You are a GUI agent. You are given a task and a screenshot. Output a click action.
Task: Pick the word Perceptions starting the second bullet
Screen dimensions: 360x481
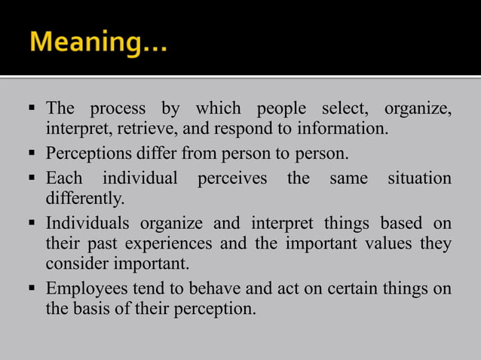click(x=88, y=156)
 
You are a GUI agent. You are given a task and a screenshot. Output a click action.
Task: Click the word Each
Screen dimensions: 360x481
click(x=64, y=180)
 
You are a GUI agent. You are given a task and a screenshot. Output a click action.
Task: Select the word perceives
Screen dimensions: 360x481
click(x=232, y=180)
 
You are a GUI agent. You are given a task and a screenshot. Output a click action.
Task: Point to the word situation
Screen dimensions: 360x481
click(x=419, y=180)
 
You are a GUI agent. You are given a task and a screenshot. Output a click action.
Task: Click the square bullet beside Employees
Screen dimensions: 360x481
click(x=34, y=290)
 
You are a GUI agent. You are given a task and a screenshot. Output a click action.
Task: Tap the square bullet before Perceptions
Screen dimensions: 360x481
click(x=34, y=156)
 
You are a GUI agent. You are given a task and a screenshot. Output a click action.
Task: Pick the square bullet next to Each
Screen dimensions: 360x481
click(x=34, y=180)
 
